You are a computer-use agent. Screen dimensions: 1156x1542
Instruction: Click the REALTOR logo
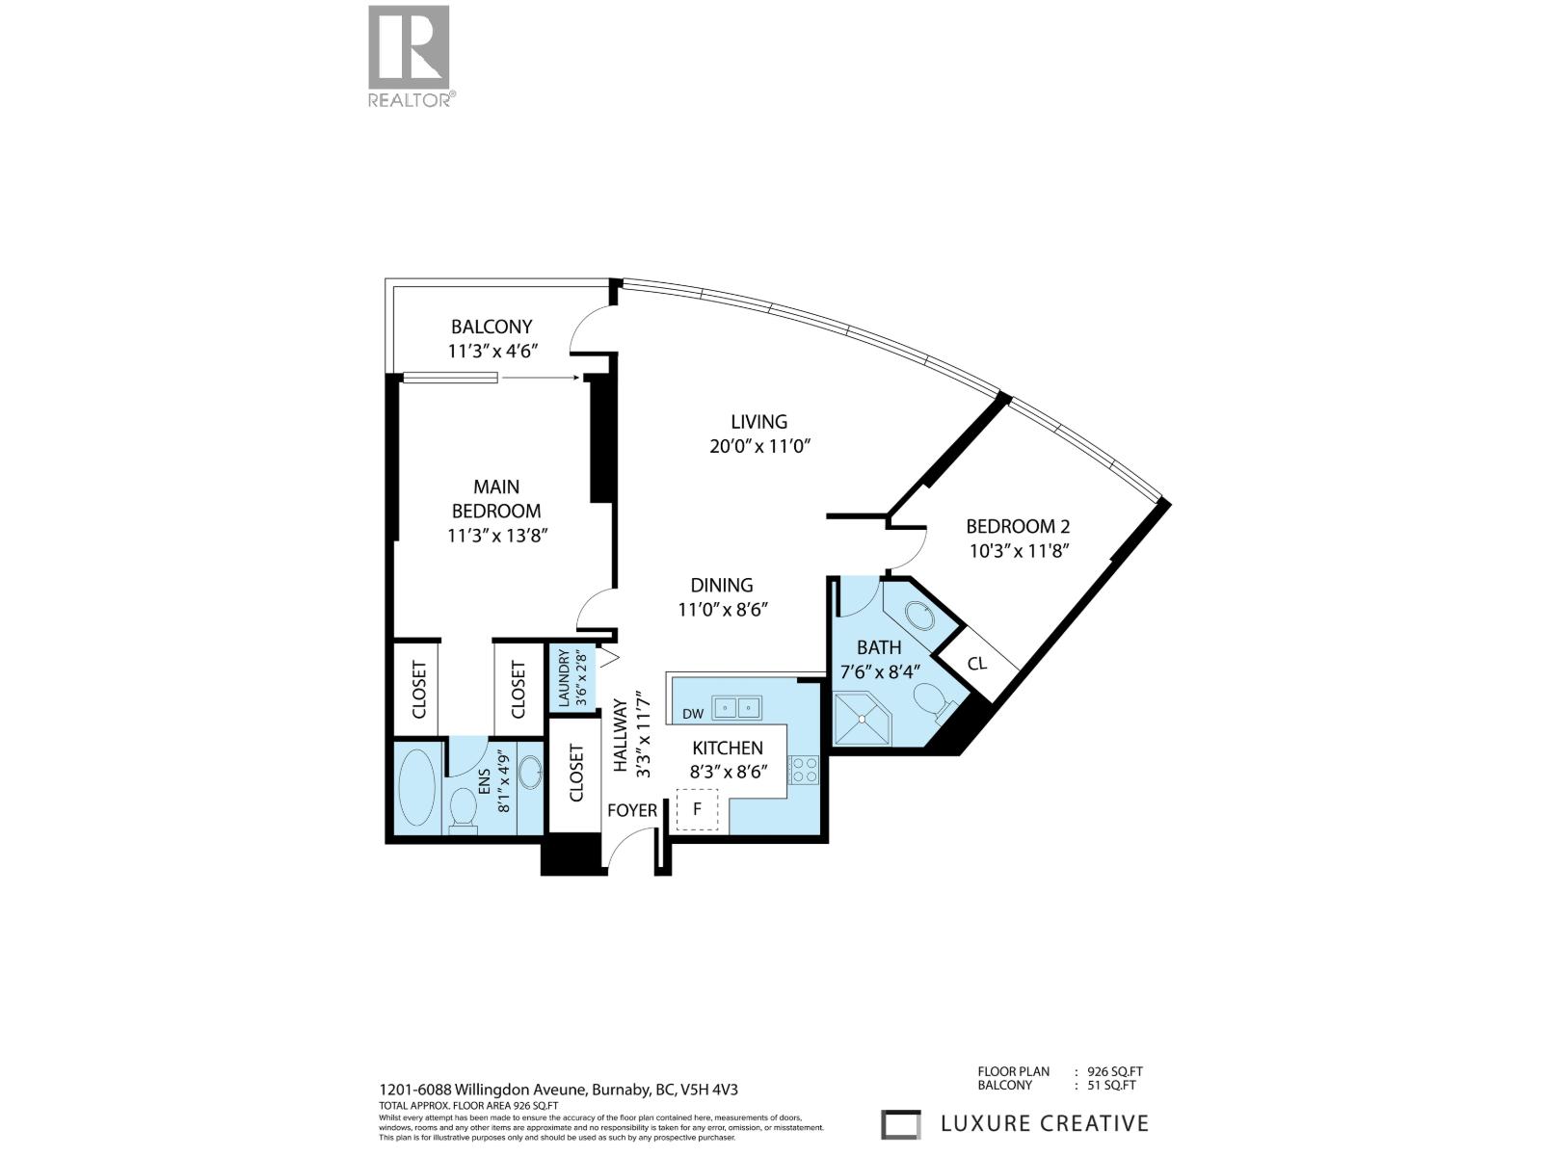click(x=409, y=55)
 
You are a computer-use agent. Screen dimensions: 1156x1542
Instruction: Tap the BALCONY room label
click(x=492, y=327)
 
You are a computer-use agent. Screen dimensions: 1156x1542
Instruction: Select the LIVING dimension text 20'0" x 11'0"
click(x=758, y=447)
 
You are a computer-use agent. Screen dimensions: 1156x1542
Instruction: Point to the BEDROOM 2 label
click(x=1018, y=526)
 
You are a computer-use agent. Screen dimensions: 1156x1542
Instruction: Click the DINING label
click(x=721, y=585)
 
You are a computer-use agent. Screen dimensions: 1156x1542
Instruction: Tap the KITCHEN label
click(x=728, y=748)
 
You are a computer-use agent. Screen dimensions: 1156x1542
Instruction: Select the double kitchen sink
click(x=737, y=708)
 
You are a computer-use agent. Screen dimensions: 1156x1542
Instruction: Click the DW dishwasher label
click(x=692, y=714)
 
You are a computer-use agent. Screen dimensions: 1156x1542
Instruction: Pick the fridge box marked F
click(x=698, y=809)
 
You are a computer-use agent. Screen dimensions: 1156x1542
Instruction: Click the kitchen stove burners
click(x=804, y=769)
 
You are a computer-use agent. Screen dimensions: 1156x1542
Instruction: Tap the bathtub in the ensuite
click(x=417, y=788)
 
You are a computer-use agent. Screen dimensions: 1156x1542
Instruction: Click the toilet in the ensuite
click(x=463, y=809)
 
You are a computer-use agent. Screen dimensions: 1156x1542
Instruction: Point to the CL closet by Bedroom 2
click(x=977, y=664)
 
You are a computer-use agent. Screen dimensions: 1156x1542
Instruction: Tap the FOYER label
click(x=632, y=810)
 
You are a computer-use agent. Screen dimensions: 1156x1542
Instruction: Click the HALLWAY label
click(x=621, y=737)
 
